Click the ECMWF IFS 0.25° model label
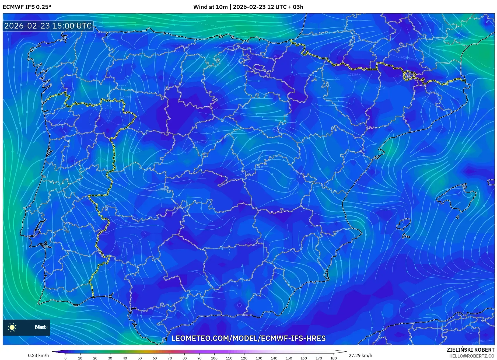tap(27, 7)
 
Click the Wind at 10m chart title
tap(248, 7)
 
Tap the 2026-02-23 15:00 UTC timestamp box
tap(48, 26)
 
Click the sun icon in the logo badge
tap(12, 327)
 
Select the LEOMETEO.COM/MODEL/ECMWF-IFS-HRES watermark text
tap(248, 338)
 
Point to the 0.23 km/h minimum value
tap(38, 355)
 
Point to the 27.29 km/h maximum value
tap(360, 355)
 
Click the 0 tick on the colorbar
tap(65, 358)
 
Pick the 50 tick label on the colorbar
tap(139, 358)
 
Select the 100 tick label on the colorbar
tap(214, 358)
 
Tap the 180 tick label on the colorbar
tap(333, 358)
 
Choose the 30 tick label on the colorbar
tap(110, 358)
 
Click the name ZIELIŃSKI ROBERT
tap(471, 350)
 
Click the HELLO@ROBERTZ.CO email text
tap(472, 356)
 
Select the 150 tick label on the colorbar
tap(289, 358)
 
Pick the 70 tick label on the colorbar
tap(169, 358)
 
